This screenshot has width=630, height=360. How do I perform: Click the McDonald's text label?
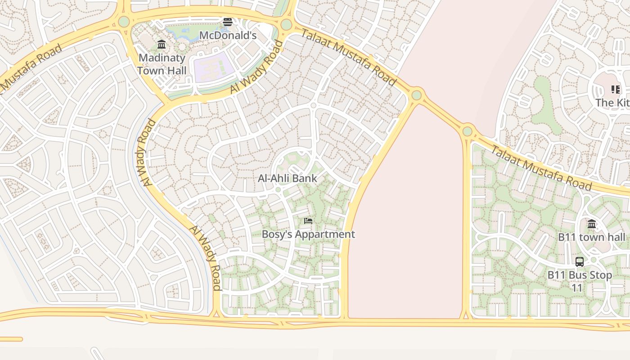point(228,35)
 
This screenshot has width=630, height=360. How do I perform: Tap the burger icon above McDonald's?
point(228,22)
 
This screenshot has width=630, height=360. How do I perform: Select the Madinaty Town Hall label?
point(162,64)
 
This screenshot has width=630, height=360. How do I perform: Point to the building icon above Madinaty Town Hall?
point(162,44)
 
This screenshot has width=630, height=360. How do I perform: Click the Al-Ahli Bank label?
point(287,178)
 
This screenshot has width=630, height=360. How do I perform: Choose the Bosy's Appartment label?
point(308,234)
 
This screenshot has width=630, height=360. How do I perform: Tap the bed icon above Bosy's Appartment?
point(308,220)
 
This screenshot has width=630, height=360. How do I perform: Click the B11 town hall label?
point(591,237)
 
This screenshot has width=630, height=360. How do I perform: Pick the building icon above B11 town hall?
point(592,224)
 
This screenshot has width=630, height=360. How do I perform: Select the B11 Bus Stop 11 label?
point(580,281)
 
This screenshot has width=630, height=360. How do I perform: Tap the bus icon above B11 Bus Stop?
point(580,261)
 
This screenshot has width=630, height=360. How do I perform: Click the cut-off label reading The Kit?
point(612,103)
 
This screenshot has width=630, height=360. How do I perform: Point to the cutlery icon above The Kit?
point(615,90)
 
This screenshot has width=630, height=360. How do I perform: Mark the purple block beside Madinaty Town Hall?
point(214,67)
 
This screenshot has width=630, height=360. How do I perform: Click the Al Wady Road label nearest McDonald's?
point(256,67)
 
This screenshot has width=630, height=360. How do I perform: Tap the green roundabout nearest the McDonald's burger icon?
point(286,25)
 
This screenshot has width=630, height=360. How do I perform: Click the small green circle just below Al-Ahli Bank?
point(278,190)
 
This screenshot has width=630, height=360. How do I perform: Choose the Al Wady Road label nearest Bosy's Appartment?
point(206,258)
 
